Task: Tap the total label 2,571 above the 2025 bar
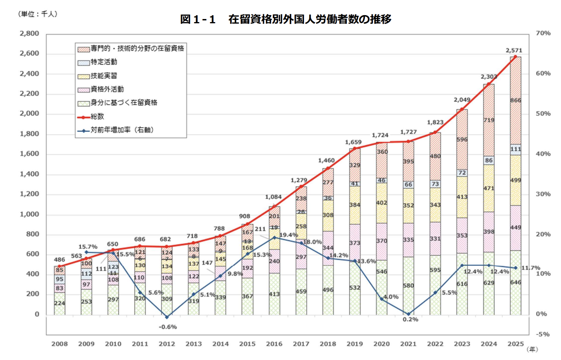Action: click(x=514, y=50)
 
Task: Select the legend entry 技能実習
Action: click(x=104, y=76)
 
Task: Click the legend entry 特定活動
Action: click(x=104, y=62)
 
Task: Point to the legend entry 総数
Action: click(x=97, y=116)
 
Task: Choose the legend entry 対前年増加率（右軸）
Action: click(x=122, y=130)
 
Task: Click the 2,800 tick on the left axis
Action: click(x=29, y=34)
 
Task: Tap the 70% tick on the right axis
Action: click(x=543, y=33)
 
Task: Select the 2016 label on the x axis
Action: click(x=274, y=344)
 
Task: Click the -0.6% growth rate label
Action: click(x=168, y=327)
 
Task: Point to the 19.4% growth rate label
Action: click(x=288, y=235)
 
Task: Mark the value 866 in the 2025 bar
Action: click(x=516, y=100)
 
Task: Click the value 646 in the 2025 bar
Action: click(x=516, y=282)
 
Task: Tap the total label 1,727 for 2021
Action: click(x=409, y=132)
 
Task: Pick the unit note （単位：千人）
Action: click(x=38, y=14)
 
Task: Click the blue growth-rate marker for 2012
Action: click(x=167, y=317)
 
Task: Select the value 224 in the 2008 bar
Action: click(x=59, y=303)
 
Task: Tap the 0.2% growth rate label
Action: click(x=410, y=320)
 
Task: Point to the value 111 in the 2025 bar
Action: click(x=516, y=149)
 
